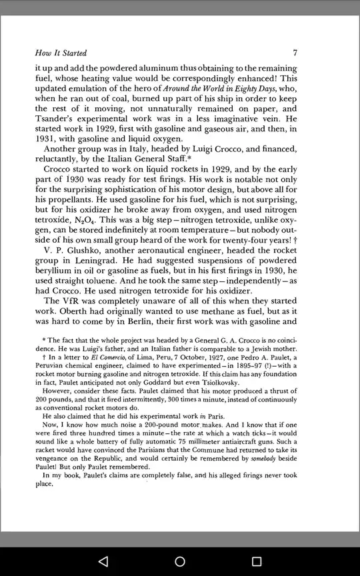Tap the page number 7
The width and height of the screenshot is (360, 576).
(295, 53)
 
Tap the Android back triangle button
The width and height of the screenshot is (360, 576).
(103, 561)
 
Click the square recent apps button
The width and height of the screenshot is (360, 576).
(257, 561)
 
